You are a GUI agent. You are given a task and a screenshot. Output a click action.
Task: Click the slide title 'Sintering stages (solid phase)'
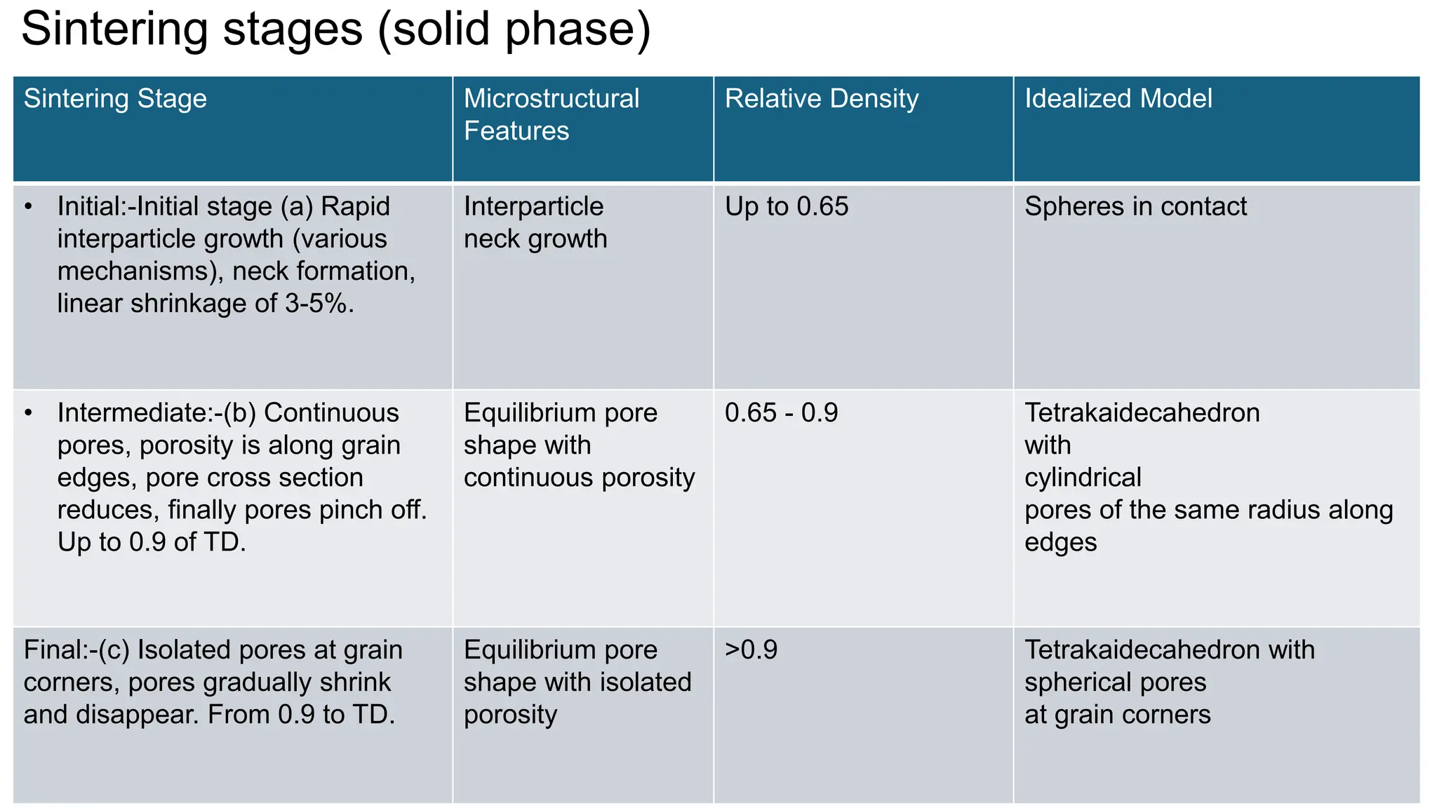coord(336,29)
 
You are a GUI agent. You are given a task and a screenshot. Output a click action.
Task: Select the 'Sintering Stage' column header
coord(115,99)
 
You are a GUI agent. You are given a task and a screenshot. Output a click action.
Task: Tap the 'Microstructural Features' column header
coord(552,114)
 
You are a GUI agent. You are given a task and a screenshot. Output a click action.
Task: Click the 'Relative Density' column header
coord(822,99)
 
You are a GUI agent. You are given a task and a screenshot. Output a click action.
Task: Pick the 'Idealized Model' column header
coord(1118,99)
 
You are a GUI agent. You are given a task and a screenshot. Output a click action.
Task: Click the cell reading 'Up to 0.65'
coord(787,207)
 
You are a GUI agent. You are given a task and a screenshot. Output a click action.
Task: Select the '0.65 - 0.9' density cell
coord(781,413)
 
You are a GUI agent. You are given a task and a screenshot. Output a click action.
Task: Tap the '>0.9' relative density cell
coord(751,650)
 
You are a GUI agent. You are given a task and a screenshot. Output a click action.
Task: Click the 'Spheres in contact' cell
coord(1135,207)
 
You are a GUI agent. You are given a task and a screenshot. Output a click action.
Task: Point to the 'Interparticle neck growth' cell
coord(535,223)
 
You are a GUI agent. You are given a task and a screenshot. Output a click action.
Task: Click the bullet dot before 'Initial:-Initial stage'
coord(28,207)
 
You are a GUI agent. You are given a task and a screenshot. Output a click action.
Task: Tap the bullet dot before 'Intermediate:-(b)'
coord(28,413)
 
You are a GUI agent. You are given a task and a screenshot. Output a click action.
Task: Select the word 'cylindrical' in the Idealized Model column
coord(1083,478)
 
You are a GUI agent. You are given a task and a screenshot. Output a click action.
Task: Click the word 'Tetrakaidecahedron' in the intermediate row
coord(1142,413)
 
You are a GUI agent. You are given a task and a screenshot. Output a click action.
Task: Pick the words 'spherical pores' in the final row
coord(1115,682)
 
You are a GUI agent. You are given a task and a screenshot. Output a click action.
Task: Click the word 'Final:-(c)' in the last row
coord(76,650)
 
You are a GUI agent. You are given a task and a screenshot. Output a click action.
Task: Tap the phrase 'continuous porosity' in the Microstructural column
coord(579,478)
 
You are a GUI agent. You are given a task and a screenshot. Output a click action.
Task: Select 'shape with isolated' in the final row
coord(577,682)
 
